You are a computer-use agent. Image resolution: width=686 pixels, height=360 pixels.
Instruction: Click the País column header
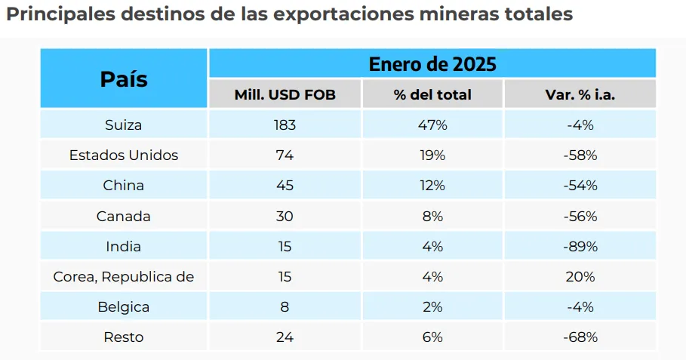tap(124, 78)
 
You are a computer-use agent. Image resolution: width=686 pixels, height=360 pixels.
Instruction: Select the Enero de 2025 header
tap(432, 63)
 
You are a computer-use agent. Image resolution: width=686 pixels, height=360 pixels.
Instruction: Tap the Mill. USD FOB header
tap(285, 94)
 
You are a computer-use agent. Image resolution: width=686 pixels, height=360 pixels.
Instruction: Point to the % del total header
tap(432, 94)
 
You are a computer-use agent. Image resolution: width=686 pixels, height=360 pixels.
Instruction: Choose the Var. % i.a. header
tap(580, 94)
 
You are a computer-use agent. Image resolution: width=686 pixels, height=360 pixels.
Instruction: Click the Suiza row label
tap(124, 125)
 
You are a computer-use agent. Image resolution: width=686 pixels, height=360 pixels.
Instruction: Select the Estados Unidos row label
tap(124, 155)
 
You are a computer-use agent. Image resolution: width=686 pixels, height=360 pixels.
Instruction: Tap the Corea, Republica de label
tap(124, 277)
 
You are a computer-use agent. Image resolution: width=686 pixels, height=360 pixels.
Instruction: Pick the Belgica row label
tap(124, 307)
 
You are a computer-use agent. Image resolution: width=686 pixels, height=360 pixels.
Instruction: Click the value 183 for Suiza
tap(285, 125)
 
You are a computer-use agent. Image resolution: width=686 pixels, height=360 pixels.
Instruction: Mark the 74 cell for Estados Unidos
tap(285, 155)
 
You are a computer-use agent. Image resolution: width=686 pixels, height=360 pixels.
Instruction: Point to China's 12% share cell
tap(432, 186)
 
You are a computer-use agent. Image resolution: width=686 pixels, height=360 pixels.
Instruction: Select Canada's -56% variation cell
tap(580, 216)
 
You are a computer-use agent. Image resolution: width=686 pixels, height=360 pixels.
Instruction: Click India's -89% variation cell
tap(580, 247)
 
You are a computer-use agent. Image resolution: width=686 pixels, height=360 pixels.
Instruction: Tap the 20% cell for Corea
tap(580, 277)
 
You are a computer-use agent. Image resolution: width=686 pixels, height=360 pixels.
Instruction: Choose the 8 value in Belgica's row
tap(285, 307)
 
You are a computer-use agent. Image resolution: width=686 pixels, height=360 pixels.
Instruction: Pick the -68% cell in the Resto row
tap(580, 337)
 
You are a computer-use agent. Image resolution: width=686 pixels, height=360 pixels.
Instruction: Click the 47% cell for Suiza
tap(432, 125)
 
